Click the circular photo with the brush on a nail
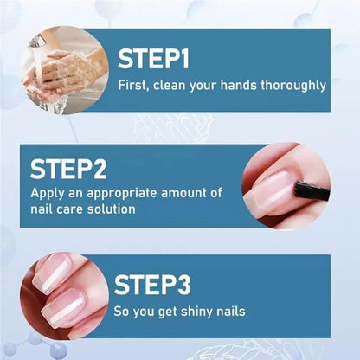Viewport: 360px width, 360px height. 286,185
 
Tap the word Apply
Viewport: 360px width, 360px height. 47,193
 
